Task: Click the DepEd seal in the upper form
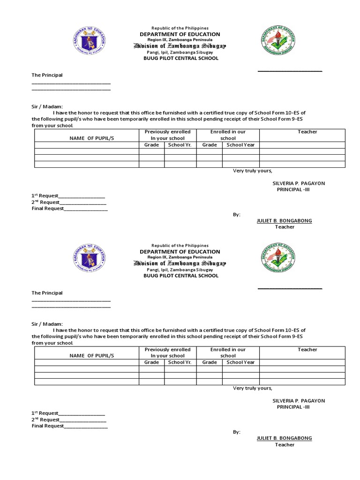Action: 90,41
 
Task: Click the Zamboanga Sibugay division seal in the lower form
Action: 278,258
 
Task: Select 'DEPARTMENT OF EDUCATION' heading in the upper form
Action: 180,34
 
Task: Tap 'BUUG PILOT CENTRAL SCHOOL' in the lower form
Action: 180,276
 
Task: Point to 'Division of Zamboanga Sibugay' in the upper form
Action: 180,46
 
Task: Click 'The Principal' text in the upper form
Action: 47,75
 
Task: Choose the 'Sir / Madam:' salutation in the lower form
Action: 47,324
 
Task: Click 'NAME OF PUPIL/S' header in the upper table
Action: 92,138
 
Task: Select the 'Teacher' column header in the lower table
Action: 307,350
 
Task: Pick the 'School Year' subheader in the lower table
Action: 240,362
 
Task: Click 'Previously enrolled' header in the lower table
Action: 167,350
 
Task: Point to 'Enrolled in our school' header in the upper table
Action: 228,135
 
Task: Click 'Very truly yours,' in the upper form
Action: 252,171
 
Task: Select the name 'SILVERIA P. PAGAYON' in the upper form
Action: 299,183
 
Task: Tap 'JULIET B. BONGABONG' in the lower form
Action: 284,438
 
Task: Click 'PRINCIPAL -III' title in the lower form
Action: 293,407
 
